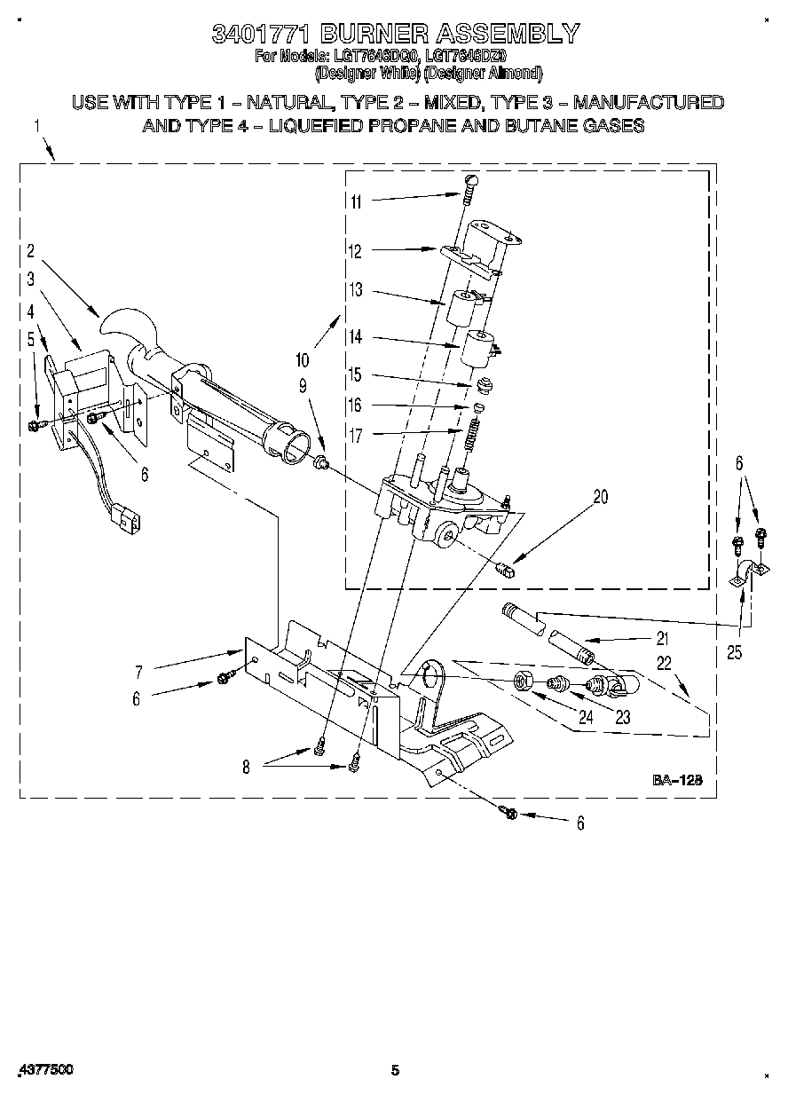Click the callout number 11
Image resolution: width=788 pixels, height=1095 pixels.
355,201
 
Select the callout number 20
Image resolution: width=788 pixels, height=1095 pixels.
601,497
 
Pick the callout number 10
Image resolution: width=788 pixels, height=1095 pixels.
303,359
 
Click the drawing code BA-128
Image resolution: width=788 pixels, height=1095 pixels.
677,780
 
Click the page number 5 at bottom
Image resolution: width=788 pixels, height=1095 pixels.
396,1070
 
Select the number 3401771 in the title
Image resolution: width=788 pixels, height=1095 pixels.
261,35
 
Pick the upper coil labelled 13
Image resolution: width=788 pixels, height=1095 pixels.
461,310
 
